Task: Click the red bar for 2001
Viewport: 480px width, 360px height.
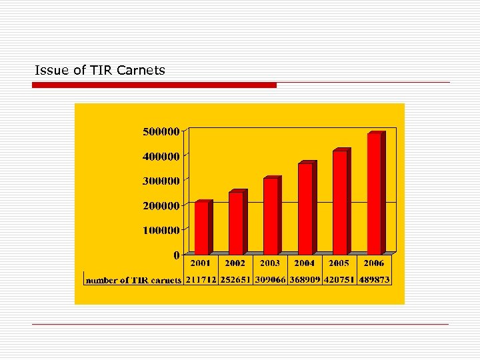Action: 201,227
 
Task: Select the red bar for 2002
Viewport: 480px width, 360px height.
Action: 236,223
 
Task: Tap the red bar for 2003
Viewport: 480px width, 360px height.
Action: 271,216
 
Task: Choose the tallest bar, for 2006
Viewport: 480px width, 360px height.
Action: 374,194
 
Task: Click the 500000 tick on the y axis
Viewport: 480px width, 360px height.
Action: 161,131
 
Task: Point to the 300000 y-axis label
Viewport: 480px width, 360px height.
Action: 161,181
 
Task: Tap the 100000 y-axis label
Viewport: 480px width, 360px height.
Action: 161,230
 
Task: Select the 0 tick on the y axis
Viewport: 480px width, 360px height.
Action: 176,255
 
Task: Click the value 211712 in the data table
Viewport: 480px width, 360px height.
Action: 201,280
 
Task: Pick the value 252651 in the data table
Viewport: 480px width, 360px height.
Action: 235,280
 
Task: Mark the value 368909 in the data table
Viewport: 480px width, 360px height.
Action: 305,280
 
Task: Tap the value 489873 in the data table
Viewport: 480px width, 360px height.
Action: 374,280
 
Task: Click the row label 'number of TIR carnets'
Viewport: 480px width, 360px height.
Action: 133,280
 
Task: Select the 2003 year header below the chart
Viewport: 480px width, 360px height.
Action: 270,263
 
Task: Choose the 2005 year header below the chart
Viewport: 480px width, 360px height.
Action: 339,263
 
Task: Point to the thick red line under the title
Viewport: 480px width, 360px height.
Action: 154,85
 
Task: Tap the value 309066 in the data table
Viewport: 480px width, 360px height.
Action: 270,280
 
